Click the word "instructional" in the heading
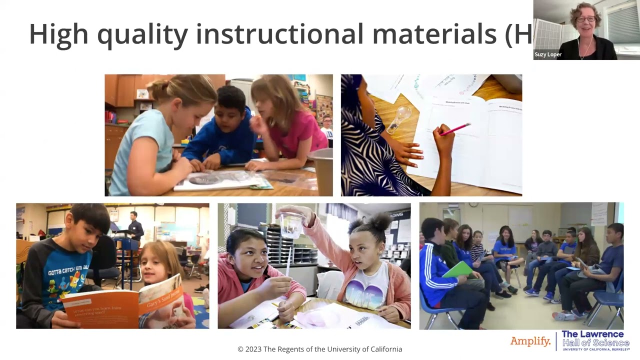(x=279, y=34)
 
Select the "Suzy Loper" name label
(x=548, y=54)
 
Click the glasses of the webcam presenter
(x=586, y=19)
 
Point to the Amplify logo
(x=530, y=341)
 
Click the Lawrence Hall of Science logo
(x=595, y=340)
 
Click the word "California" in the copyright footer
(x=381, y=349)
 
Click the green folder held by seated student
(x=458, y=269)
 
